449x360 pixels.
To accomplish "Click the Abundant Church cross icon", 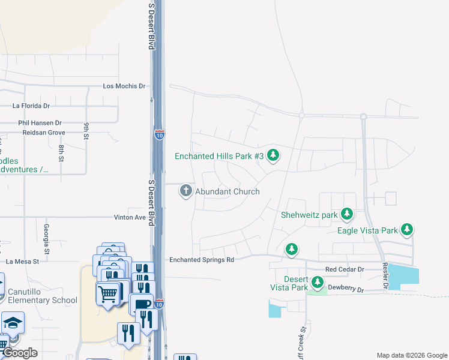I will coord(186,191).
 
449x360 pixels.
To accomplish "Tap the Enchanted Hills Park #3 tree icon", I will coord(274,156).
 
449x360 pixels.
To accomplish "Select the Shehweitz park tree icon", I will coord(346,214).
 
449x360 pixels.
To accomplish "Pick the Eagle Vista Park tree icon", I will coord(408,229).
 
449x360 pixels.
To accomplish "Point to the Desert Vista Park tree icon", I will coord(317,282).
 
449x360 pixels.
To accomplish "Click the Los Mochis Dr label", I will coord(124,86).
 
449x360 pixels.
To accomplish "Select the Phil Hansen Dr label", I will coord(40,122).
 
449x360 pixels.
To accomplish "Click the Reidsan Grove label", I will coord(43,132).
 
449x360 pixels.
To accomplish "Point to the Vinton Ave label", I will coord(130,217).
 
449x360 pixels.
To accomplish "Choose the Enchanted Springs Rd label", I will coord(201,260).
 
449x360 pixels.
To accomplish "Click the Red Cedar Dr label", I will coord(345,269).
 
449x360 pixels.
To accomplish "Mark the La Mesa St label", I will coord(22,261).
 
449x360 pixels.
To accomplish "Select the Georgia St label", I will coord(46,235).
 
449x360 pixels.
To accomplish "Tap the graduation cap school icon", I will coord(13,323).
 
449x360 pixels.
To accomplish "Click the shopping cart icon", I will coord(108,294).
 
